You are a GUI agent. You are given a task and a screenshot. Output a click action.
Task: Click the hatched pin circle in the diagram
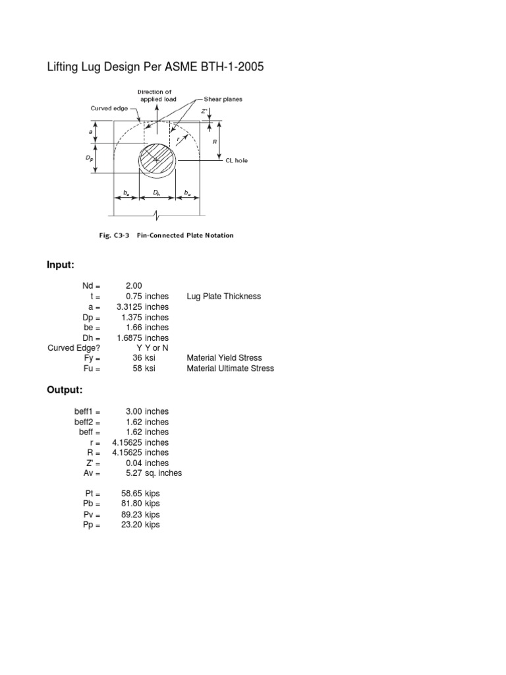[157, 160]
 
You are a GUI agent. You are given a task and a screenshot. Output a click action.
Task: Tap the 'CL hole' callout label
[237, 160]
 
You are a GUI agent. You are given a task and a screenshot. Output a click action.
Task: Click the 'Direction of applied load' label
[157, 95]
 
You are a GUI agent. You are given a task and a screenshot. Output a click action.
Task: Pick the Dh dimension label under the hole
[156, 192]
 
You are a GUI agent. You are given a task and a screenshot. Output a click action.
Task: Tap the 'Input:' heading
[61, 265]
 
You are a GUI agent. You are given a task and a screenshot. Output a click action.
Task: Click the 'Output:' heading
[64, 390]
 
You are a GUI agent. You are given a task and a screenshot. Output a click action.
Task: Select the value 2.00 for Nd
[133, 286]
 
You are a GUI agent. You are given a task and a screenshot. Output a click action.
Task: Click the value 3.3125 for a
[136, 307]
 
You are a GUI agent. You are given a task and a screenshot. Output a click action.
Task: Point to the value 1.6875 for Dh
[136, 337]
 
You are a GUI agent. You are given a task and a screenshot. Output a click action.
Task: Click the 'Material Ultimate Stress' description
[231, 368]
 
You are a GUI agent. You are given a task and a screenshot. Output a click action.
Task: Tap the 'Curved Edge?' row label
[74, 347]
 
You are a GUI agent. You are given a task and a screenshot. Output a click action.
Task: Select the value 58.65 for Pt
[132, 493]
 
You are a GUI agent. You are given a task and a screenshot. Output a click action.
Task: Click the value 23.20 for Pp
[132, 525]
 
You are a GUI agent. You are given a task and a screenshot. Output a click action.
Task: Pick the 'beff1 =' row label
[87, 411]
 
